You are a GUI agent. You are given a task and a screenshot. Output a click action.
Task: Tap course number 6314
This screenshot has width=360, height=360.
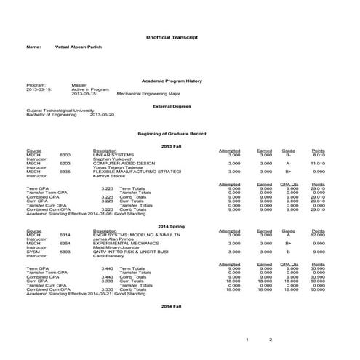pos(65,235)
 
